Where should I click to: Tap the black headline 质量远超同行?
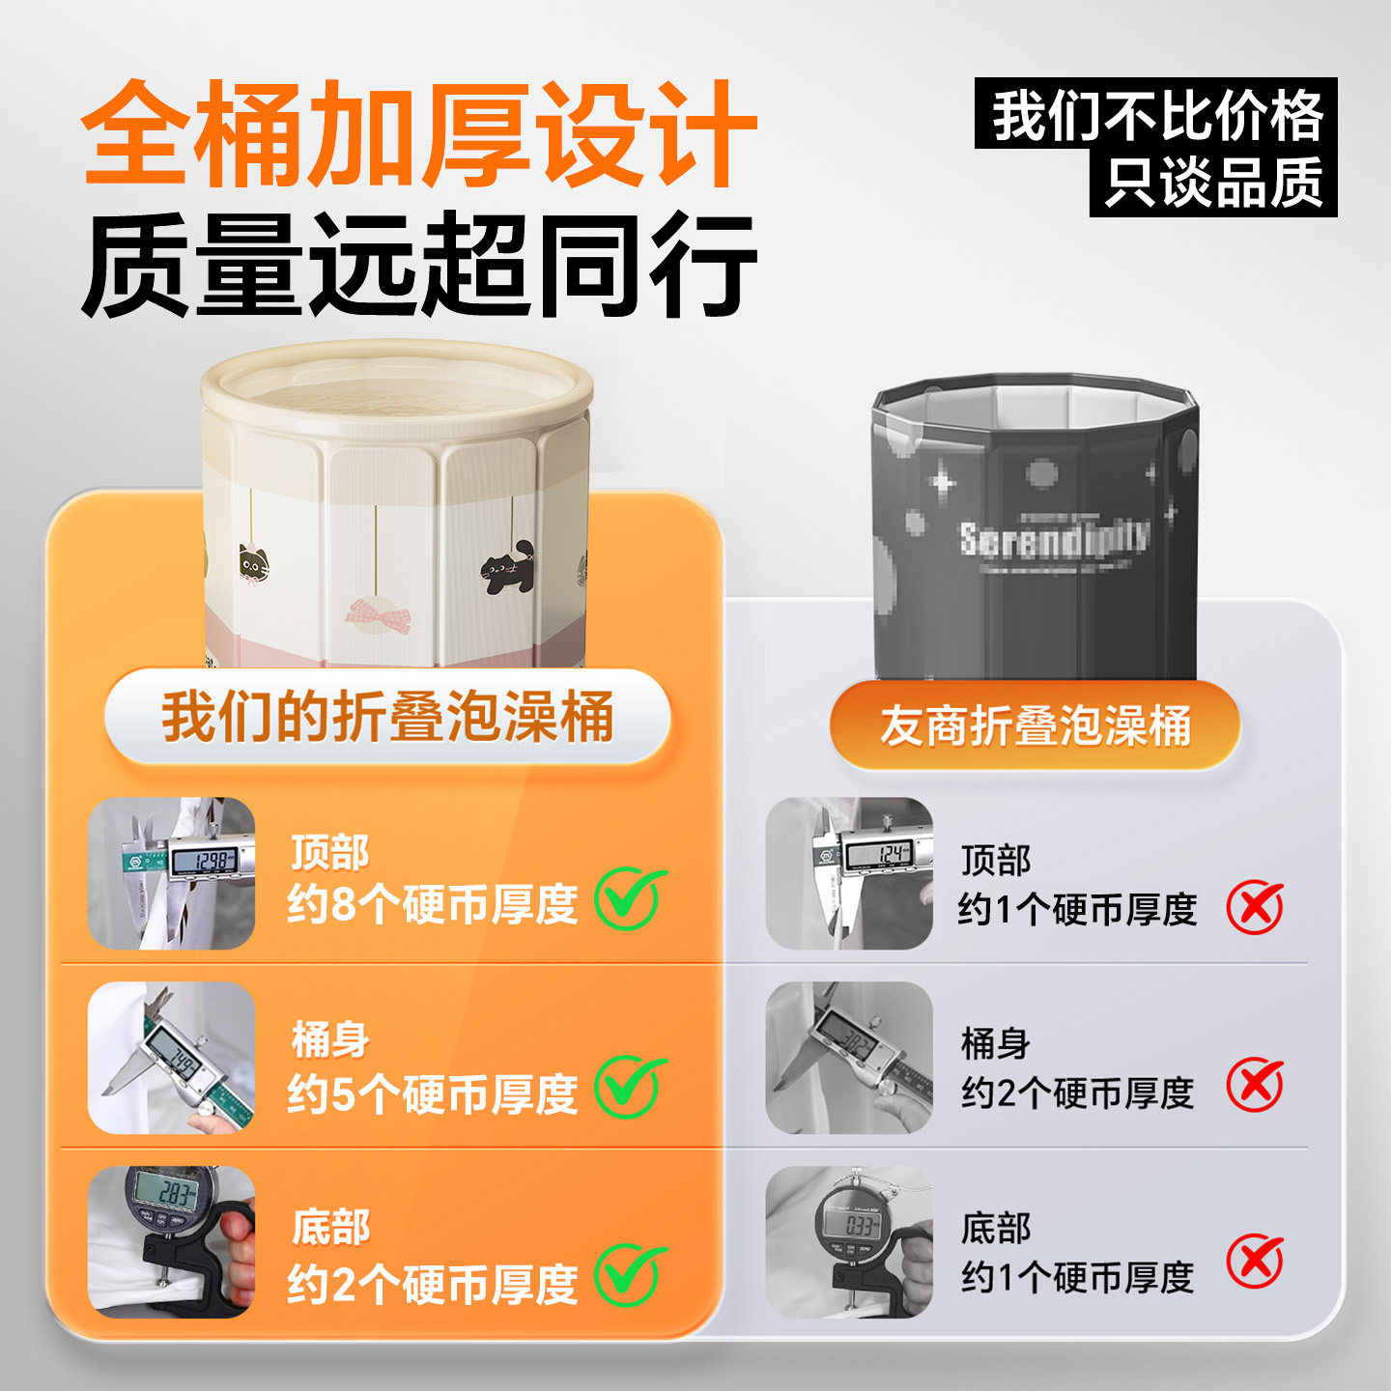tap(417, 265)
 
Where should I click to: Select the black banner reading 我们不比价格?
tap(1156, 114)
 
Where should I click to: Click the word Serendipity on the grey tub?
tap(1054, 538)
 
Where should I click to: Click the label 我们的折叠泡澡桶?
tap(387, 717)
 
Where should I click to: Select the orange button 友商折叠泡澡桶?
tap(1035, 725)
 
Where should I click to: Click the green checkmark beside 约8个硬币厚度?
tap(630, 899)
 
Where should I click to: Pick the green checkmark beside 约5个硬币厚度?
tap(630, 1088)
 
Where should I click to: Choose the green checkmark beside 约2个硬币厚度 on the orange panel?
tap(630, 1276)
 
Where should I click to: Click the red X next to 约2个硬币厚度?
tap(1255, 1086)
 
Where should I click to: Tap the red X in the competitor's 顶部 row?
tap(1255, 908)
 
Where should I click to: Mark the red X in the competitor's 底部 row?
tap(1255, 1262)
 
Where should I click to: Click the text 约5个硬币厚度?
tap(432, 1094)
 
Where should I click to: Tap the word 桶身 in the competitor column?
tap(995, 1043)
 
